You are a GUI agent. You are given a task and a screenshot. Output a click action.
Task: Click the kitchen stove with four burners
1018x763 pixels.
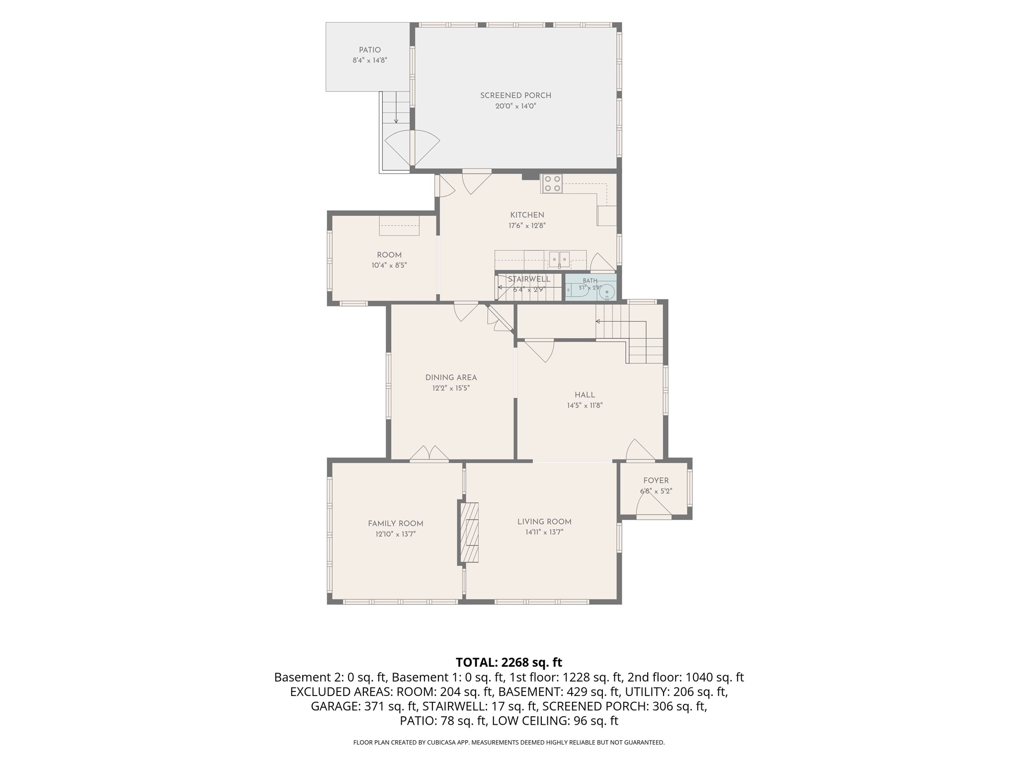(x=552, y=183)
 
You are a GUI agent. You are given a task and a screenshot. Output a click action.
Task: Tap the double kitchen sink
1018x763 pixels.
(x=560, y=259)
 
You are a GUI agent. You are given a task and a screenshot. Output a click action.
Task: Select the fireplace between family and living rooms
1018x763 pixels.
(x=469, y=533)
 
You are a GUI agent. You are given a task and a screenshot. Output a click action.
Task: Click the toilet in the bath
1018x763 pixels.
(x=606, y=292)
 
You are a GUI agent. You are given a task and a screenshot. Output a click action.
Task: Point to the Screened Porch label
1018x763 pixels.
(x=515, y=95)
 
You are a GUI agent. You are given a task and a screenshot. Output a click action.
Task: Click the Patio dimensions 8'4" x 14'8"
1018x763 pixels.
(x=370, y=61)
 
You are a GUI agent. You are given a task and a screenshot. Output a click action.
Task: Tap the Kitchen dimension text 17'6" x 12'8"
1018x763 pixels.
(x=527, y=226)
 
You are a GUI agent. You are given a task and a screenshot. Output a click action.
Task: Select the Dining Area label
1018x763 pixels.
(x=451, y=378)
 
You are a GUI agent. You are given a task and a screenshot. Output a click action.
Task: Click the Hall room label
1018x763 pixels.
(x=585, y=395)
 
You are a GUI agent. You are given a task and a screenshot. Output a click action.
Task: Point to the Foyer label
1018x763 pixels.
(x=656, y=480)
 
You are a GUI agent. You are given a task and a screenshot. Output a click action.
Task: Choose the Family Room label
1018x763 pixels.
(x=396, y=523)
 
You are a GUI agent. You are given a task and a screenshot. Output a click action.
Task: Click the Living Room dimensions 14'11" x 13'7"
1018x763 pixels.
(x=544, y=532)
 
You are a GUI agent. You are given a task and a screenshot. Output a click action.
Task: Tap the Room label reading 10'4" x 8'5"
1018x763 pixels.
(x=389, y=265)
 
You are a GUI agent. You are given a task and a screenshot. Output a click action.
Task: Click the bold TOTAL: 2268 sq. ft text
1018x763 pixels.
(x=509, y=662)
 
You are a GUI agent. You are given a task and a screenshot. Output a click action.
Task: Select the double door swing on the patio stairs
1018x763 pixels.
(x=413, y=148)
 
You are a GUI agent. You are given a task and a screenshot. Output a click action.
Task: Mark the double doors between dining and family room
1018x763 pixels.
(x=429, y=453)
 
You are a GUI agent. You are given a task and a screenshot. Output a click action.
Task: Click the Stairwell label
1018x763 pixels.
(x=529, y=279)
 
